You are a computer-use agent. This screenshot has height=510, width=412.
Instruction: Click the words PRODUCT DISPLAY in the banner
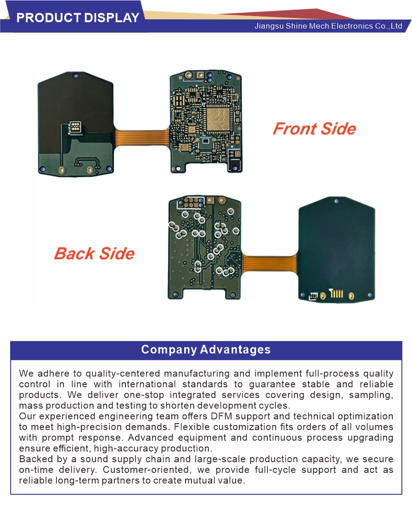(78, 17)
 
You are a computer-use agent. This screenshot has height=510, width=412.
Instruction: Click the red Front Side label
(315, 129)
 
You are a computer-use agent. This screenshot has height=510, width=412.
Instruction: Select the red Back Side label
(94, 253)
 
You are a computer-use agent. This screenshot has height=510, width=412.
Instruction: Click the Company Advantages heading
(206, 349)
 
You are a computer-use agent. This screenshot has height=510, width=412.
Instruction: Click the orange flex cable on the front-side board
(141, 136)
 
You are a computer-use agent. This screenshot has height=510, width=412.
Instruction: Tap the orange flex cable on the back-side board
(270, 263)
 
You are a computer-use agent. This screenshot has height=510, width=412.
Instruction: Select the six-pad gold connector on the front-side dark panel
(75, 127)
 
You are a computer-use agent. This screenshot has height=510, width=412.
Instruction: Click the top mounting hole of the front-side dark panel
(75, 76)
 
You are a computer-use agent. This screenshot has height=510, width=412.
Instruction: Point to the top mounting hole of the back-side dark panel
(337, 201)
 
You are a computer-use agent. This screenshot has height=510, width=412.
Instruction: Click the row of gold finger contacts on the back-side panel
(337, 294)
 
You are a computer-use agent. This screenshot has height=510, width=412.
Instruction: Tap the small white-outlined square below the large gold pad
(206, 141)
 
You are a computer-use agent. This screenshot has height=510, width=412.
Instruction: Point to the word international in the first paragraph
(147, 384)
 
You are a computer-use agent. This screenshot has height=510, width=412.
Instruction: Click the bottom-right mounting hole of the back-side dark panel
(369, 295)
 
